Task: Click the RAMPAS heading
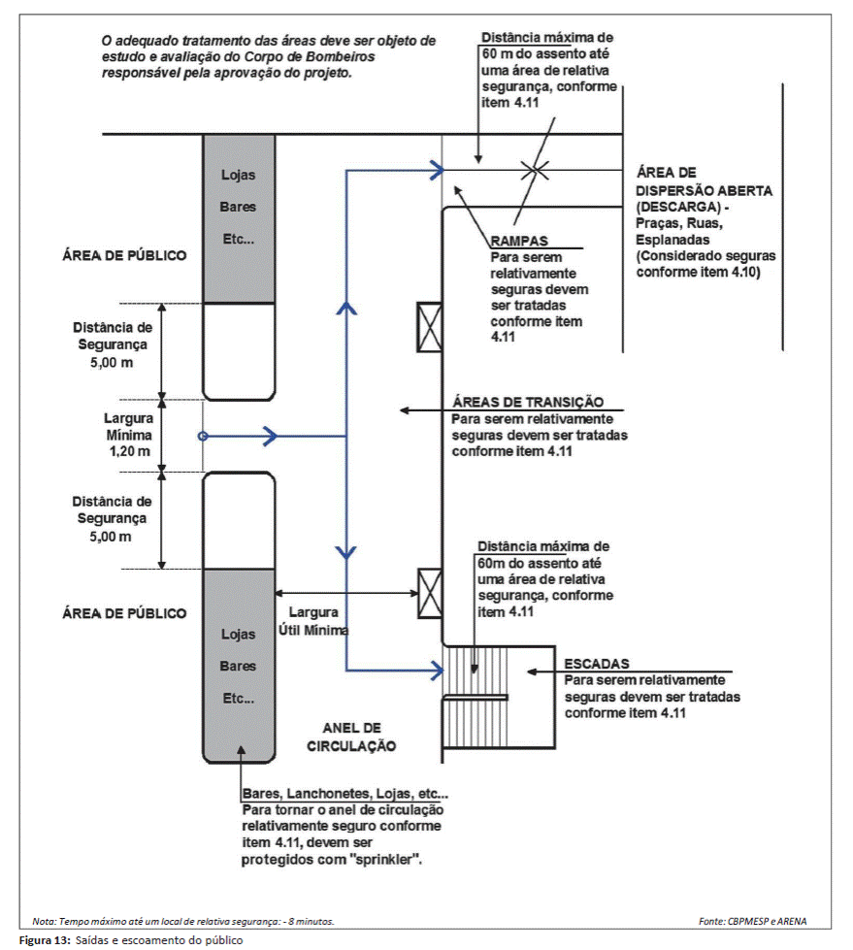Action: point(519,241)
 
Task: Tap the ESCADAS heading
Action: point(597,664)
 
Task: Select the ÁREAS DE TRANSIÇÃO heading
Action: point(528,402)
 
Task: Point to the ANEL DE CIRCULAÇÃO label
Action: point(351,737)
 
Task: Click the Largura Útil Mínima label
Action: point(313,621)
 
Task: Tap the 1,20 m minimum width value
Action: point(130,451)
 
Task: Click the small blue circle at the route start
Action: point(203,437)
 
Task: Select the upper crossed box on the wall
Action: point(430,327)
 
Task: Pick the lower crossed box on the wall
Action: point(430,593)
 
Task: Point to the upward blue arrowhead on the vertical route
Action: point(345,308)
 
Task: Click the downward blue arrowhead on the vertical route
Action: point(345,552)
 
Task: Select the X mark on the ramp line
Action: point(536,170)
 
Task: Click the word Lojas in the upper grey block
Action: point(238,175)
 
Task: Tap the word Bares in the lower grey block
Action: point(238,667)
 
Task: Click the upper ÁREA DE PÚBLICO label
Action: point(124,255)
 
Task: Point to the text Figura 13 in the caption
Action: point(45,940)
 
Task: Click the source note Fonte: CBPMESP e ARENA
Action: point(752,922)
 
